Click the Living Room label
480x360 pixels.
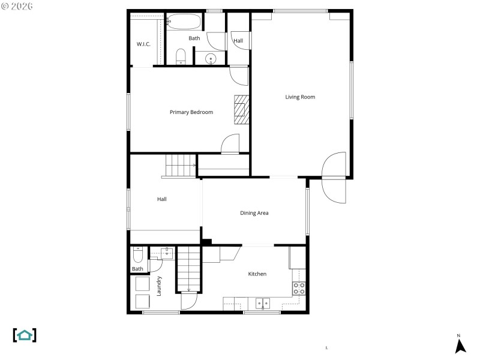(300, 97)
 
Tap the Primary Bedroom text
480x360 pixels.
(191, 112)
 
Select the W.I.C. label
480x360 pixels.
(143, 44)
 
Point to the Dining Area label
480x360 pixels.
(254, 213)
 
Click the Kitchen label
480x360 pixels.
(257, 274)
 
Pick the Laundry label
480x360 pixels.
(159, 286)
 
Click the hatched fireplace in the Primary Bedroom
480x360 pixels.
(241, 109)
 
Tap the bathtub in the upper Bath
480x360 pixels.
(185, 23)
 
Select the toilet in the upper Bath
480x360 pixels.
(181, 57)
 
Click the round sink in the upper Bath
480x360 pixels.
(211, 59)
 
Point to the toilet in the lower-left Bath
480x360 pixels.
(137, 256)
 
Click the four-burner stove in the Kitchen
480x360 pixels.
(299, 288)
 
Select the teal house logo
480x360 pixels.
(25, 335)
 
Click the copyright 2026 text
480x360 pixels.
(17, 6)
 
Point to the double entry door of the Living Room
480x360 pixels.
(334, 178)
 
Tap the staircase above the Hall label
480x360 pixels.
(180, 165)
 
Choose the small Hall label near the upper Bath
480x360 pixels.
(238, 41)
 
